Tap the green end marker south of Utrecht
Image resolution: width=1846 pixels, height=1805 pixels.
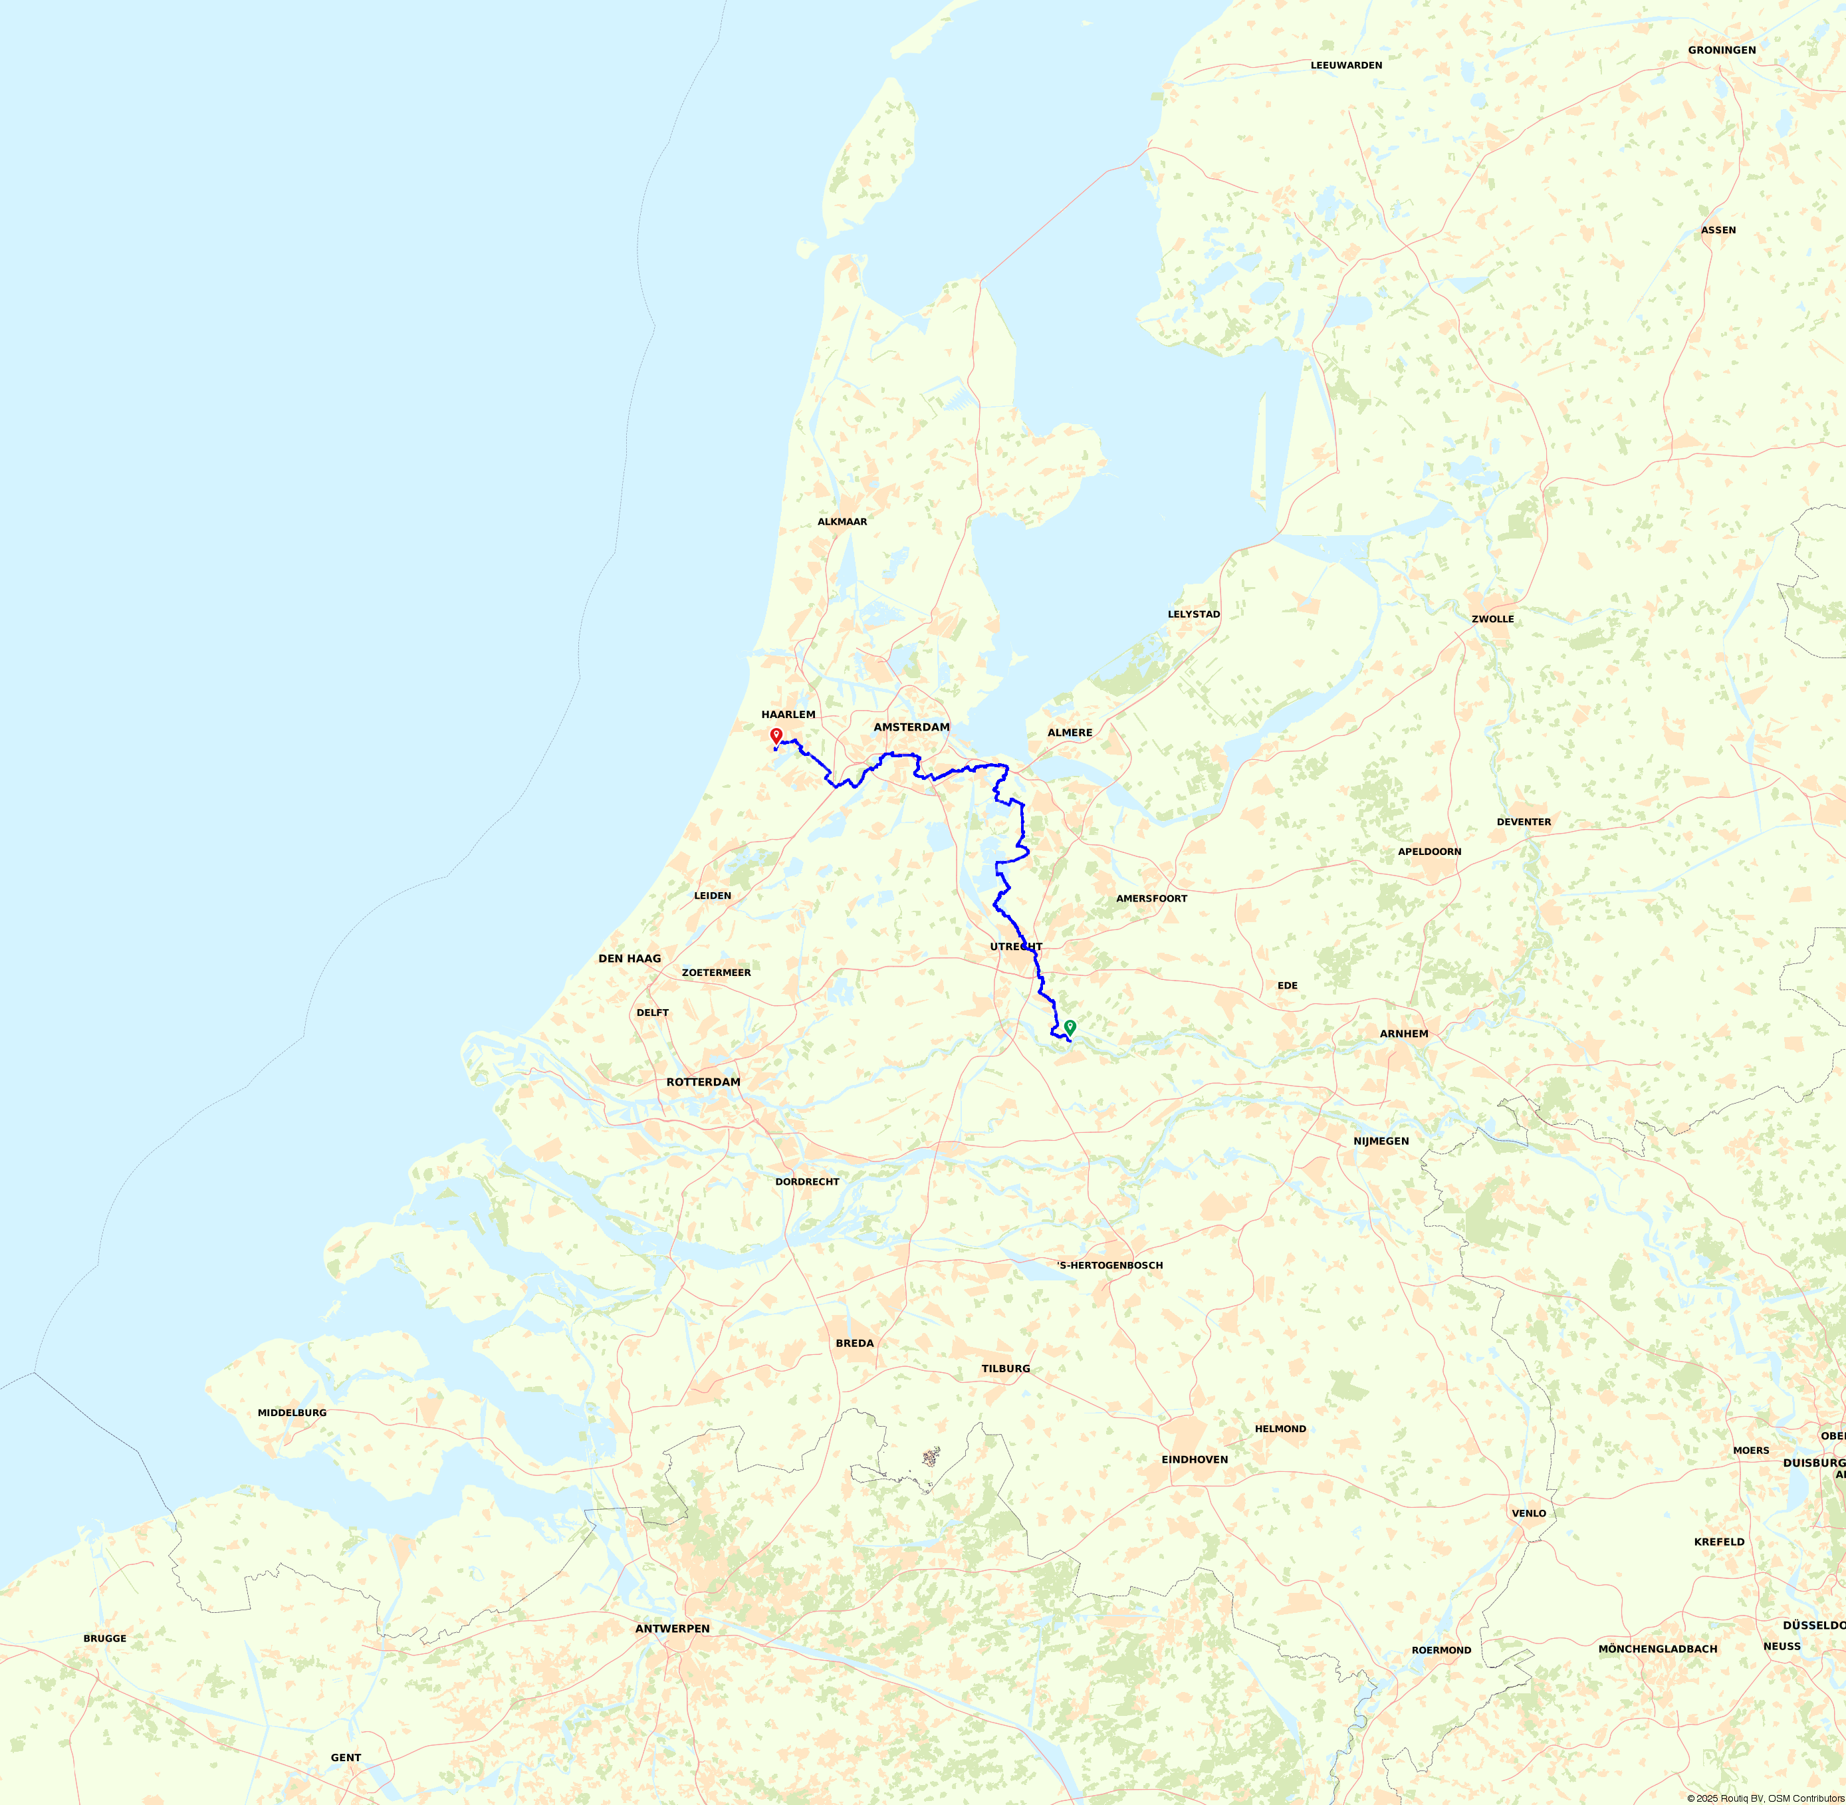(1070, 1026)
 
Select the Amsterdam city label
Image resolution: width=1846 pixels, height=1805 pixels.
(911, 727)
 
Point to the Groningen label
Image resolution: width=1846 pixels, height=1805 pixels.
(1722, 49)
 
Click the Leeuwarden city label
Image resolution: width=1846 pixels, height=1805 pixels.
(1346, 65)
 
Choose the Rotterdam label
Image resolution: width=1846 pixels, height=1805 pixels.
(703, 1082)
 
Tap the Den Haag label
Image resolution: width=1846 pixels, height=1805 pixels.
(630, 959)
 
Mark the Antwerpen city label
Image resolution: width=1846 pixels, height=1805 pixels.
(672, 1629)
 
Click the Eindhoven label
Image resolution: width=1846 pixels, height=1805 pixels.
(1195, 1459)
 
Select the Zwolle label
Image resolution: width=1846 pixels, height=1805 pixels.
(1492, 619)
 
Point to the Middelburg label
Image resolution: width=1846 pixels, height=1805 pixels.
(292, 1413)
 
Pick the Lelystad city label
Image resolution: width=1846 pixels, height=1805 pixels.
(1194, 614)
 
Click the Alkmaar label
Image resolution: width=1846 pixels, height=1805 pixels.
(842, 521)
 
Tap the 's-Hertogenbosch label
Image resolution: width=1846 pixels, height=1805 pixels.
(1110, 1264)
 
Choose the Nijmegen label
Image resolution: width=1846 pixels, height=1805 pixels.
(1381, 1140)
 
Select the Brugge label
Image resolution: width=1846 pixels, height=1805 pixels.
(104, 1638)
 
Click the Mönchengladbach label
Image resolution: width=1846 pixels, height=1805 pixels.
(1657, 1649)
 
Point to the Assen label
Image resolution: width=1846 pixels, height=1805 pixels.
(1718, 231)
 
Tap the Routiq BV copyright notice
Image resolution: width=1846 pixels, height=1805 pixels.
(1766, 1798)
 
